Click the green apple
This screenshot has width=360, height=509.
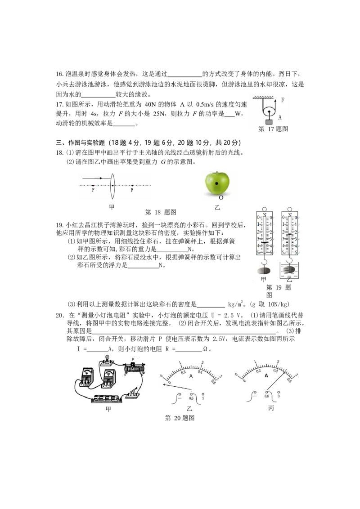click(217, 183)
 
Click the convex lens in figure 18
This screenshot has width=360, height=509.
click(112, 186)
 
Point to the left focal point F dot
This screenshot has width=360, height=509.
click(93, 186)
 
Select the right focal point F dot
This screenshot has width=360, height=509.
click(132, 186)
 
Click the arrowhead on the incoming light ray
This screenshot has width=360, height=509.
click(101, 178)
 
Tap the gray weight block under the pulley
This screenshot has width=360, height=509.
click(269, 122)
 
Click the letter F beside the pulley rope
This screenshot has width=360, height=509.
click(283, 100)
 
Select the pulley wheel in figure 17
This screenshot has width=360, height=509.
click(268, 112)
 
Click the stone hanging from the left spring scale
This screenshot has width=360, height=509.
click(264, 270)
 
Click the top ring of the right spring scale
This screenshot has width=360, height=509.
click(289, 210)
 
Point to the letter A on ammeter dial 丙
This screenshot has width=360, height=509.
click(266, 375)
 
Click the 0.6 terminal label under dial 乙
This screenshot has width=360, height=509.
click(191, 398)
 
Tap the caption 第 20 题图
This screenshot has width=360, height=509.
click(180, 418)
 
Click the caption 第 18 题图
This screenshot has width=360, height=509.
click(161, 212)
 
